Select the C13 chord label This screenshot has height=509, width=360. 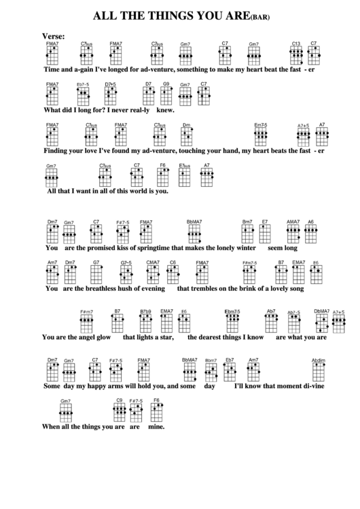click(296, 43)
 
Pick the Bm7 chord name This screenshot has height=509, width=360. click(248, 222)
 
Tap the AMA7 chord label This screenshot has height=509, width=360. click(293, 222)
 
